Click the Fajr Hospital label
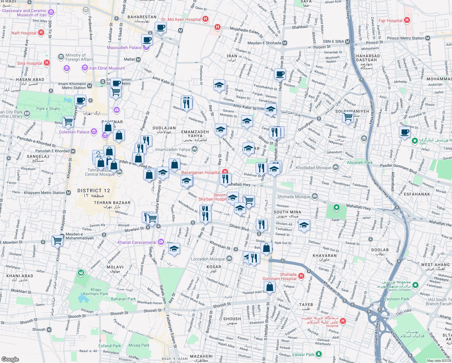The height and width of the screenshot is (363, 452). click(x=390, y=21)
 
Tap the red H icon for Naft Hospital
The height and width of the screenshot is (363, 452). click(x=41, y=33)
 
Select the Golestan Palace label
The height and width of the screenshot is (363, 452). click(x=74, y=132)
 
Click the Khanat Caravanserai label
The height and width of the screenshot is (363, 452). click(x=137, y=242)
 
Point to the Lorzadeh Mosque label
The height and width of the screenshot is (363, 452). click(x=208, y=259)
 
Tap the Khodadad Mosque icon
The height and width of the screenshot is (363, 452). click(x=336, y=167)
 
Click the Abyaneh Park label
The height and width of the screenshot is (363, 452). click(x=360, y=162)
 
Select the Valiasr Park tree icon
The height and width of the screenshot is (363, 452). click(x=318, y=354)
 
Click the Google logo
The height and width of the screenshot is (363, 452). click(x=10, y=359)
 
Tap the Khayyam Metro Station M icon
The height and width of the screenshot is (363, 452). click(x=69, y=193)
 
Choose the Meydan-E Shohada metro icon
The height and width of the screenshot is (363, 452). click(x=285, y=43)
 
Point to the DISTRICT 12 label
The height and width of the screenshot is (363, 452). click(x=94, y=191)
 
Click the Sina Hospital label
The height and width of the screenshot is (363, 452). click(x=29, y=63)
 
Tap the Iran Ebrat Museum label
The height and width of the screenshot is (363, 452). click(x=107, y=68)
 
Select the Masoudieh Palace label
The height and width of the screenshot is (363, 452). click(x=124, y=47)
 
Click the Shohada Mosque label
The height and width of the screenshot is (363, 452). click(x=294, y=197)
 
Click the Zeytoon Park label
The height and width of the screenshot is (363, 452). click(x=396, y=299)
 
